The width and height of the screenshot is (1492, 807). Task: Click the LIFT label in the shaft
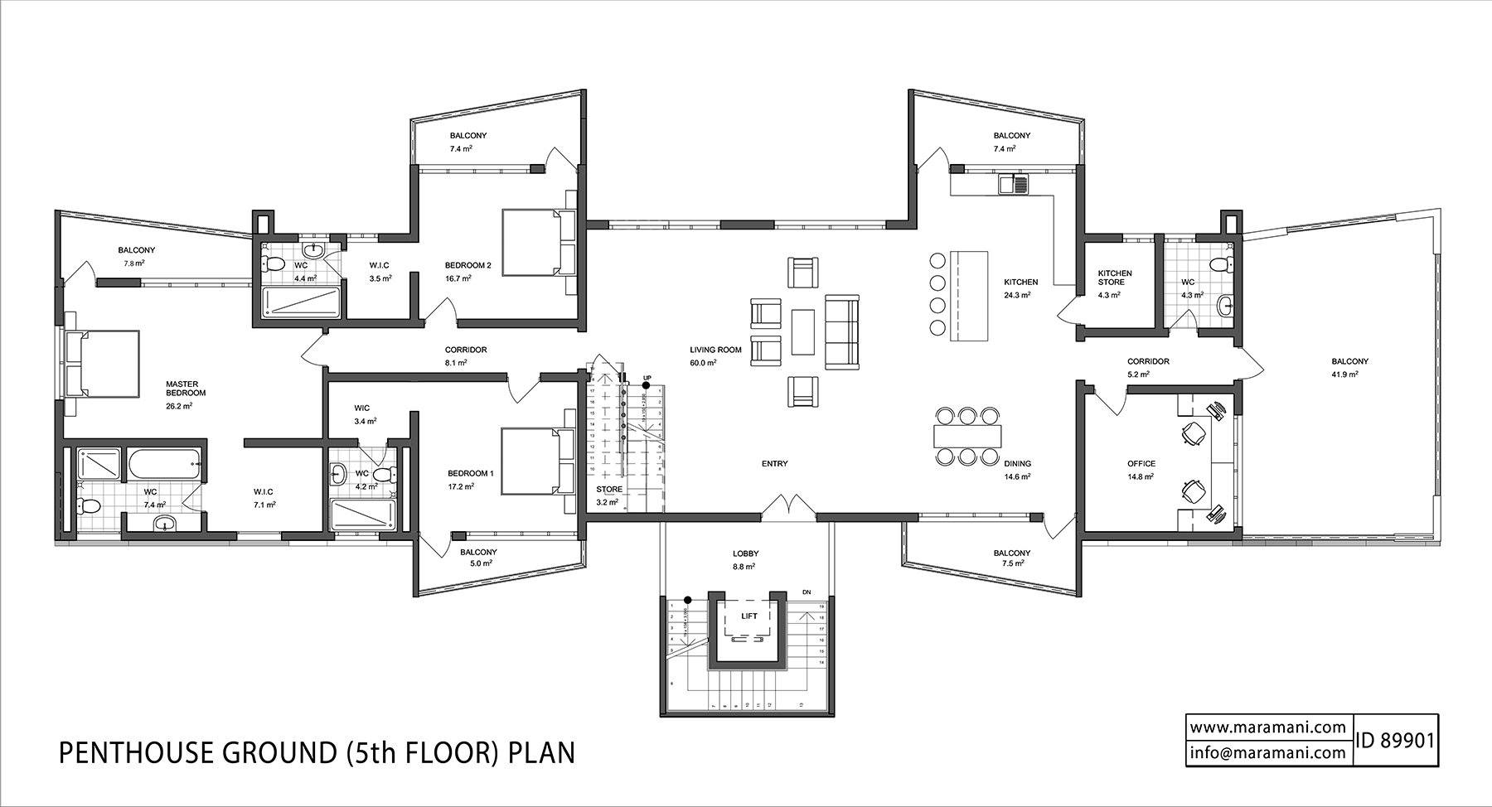(x=748, y=616)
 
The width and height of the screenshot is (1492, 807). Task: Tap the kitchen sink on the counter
(x=1013, y=184)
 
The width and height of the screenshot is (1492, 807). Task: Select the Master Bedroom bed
(x=104, y=364)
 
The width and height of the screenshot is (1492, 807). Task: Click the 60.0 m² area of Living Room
(x=704, y=363)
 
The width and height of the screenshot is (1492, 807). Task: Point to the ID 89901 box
(x=1395, y=741)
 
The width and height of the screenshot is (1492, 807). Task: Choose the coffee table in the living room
(x=803, y=331)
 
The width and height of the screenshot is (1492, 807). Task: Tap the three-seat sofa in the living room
(x=842, y=331)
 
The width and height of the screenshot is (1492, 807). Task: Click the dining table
(x=966, y=435)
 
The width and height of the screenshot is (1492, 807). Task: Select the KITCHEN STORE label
(x=1115, y=278)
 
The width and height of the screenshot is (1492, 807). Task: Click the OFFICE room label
(x=1141, y=464)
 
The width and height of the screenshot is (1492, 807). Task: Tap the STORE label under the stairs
(x=609, y=489)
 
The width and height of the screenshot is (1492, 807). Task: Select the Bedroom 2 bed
(x=535, y=241)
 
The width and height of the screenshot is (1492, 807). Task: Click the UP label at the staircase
(x=647, y=378)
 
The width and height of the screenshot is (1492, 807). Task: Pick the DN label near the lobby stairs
(x=807, y=592)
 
